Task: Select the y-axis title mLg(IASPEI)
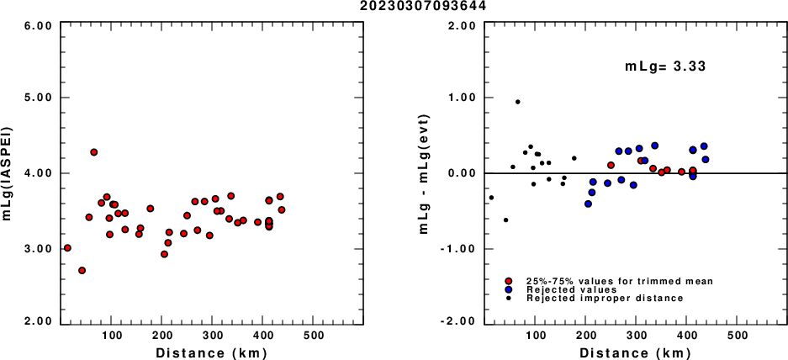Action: click(8, 173)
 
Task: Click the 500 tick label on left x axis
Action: click(314, 335)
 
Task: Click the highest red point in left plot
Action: click(94, 152)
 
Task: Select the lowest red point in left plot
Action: click(82, 270)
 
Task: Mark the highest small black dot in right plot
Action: click(518, 102)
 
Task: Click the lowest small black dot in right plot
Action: click(505, 220)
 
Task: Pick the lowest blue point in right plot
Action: click(588, 204)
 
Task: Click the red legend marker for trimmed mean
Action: click(509, 281)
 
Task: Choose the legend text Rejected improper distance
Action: click(604, 299)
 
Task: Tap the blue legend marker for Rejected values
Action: click(509, 289)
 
